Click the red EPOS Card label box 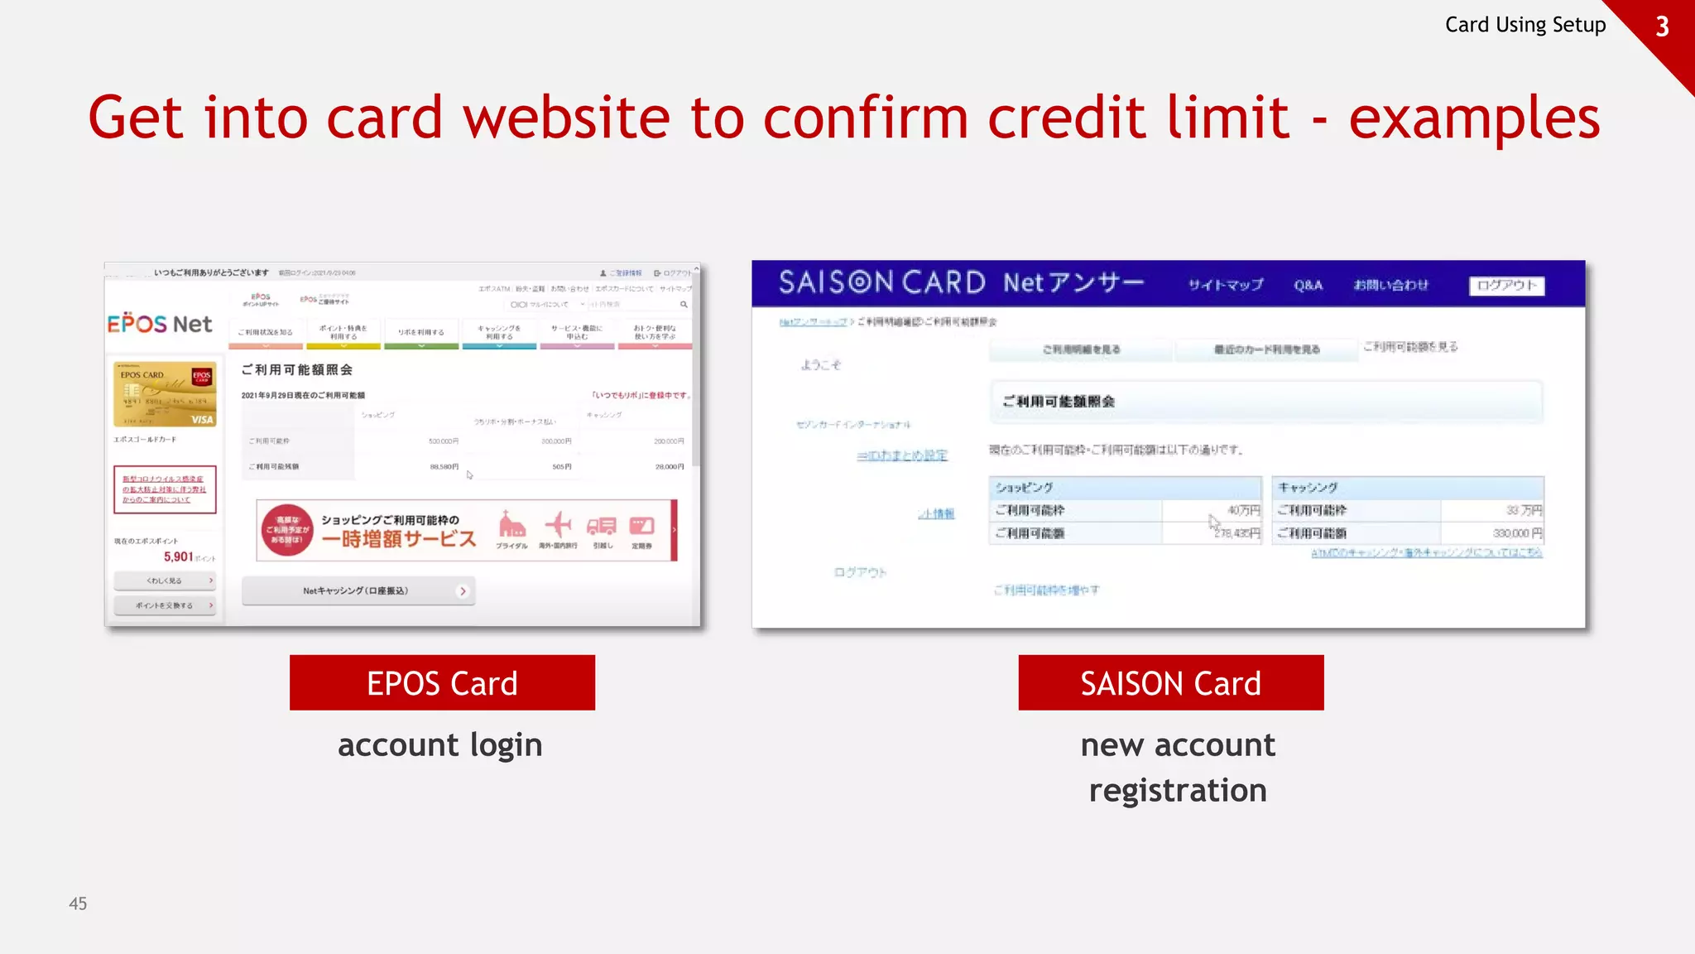pos(442,683)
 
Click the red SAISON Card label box pos(1170,683)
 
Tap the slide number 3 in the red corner pos(1662,26)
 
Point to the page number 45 pos(78,903)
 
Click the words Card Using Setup pos(1525,25)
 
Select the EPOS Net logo pos(160,324)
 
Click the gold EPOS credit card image pos(165,394)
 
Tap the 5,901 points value pos(179,556)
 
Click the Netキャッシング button pos(358,591)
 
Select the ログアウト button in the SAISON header pos(1506,286)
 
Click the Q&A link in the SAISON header pos(1308,286)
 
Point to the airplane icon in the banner pos(558,525)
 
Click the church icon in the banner pos(511,525)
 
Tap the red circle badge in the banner pos(287,530)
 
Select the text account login pos(439,745)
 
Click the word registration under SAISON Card pos(1177,791)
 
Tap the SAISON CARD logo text pos(881,283)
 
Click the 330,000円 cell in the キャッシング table pos(1516,533)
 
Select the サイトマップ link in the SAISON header pos(1225,286)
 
